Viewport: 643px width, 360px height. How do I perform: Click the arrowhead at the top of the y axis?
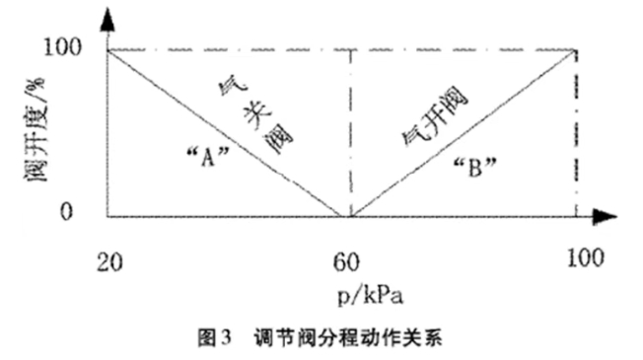[107, 14]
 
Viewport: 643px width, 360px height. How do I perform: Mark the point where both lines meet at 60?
[346, 216]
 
